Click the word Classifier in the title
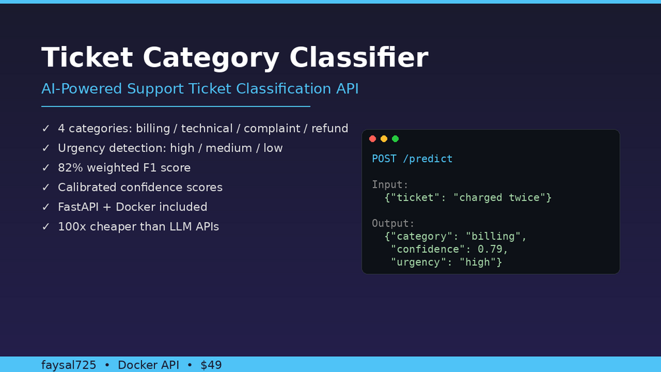coord(358,57)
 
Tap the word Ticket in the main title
coord(87,57)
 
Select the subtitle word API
coord(347,89)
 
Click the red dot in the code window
coord(373,139)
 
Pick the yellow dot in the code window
coord(384,139)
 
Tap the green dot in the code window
coord(395,139)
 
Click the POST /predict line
coord(412,159)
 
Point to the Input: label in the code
coord(390,185)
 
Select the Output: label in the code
coord(393,223)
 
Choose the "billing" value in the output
coord(493,236)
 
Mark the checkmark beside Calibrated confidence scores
coord(46,187)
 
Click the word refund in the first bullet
coord(330,128)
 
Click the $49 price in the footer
coord(211,365)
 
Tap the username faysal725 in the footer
coord(68,365)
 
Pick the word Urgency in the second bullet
coord(80,148)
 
